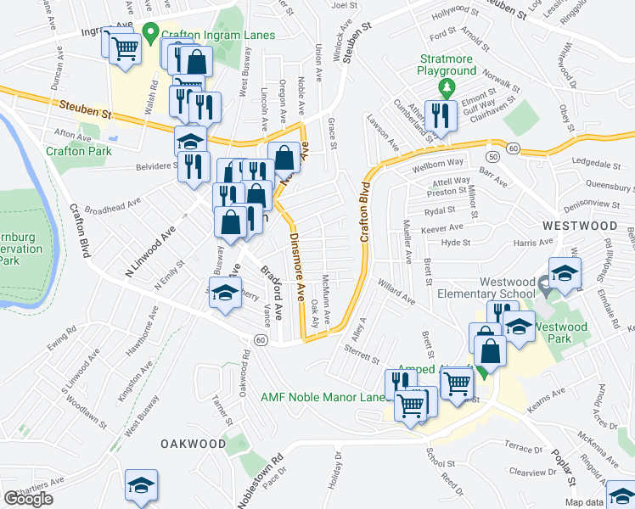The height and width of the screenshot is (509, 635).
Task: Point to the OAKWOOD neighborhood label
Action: (194, 444)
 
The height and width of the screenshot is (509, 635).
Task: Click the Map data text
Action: (610, 502)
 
